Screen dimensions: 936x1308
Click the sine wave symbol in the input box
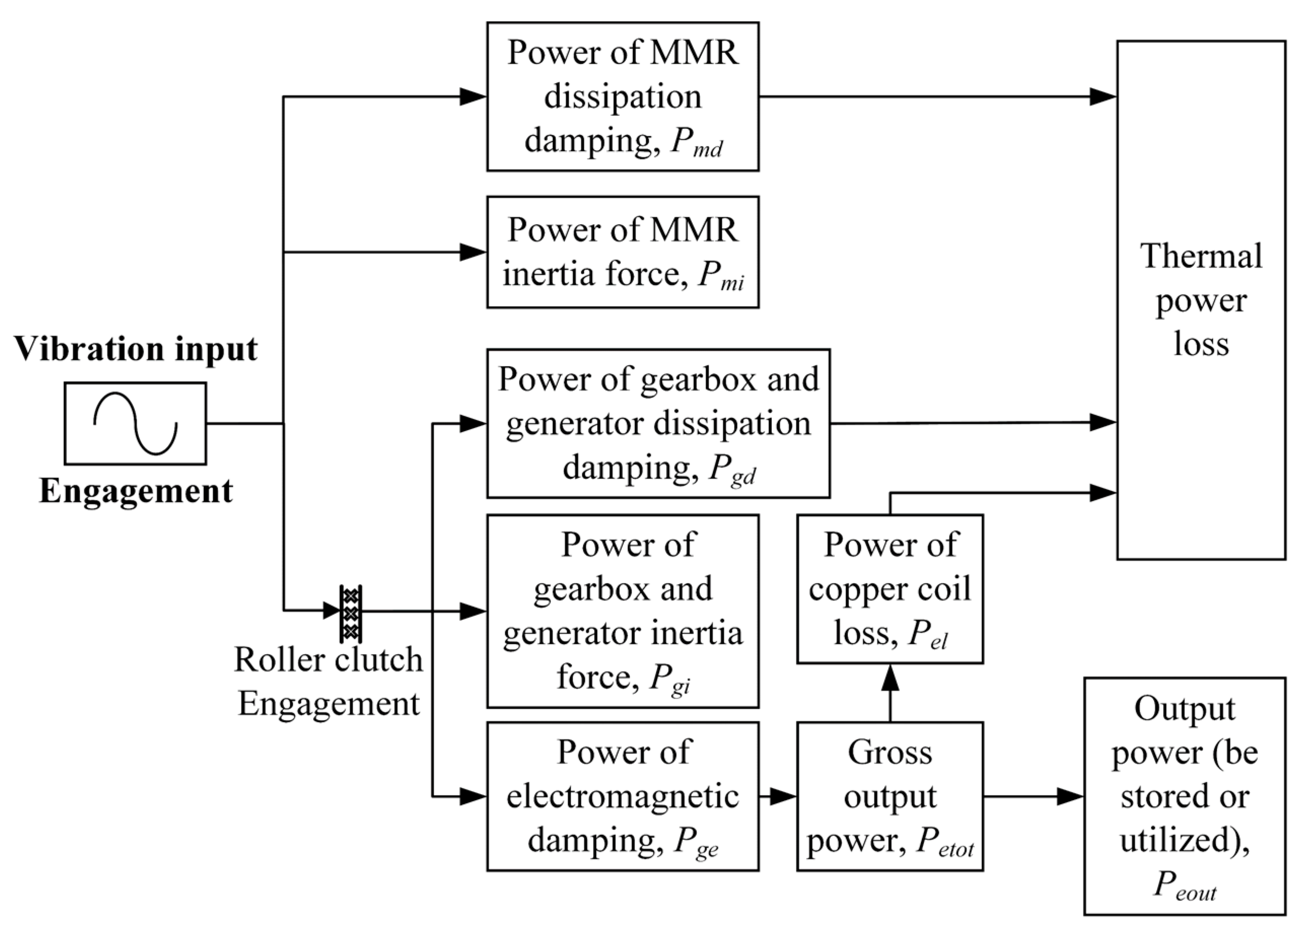tap(135, 423)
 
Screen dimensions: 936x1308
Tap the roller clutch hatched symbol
tap(350, 614)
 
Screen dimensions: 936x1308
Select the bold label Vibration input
tap(135, 349)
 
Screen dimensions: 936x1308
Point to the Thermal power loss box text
tap(1201, 300)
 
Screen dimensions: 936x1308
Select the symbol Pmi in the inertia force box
tap(721, 275)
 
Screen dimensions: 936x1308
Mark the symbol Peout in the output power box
tap(1184, 885)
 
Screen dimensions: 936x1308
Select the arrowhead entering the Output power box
tap(1071, 797)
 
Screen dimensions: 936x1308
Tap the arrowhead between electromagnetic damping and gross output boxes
tap(784, 797)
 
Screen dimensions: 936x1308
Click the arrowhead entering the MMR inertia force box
tap(473, 252)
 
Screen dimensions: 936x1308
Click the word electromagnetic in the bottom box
tap(623, 797)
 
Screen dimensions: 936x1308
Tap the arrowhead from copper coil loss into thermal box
tap(1103, 493)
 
